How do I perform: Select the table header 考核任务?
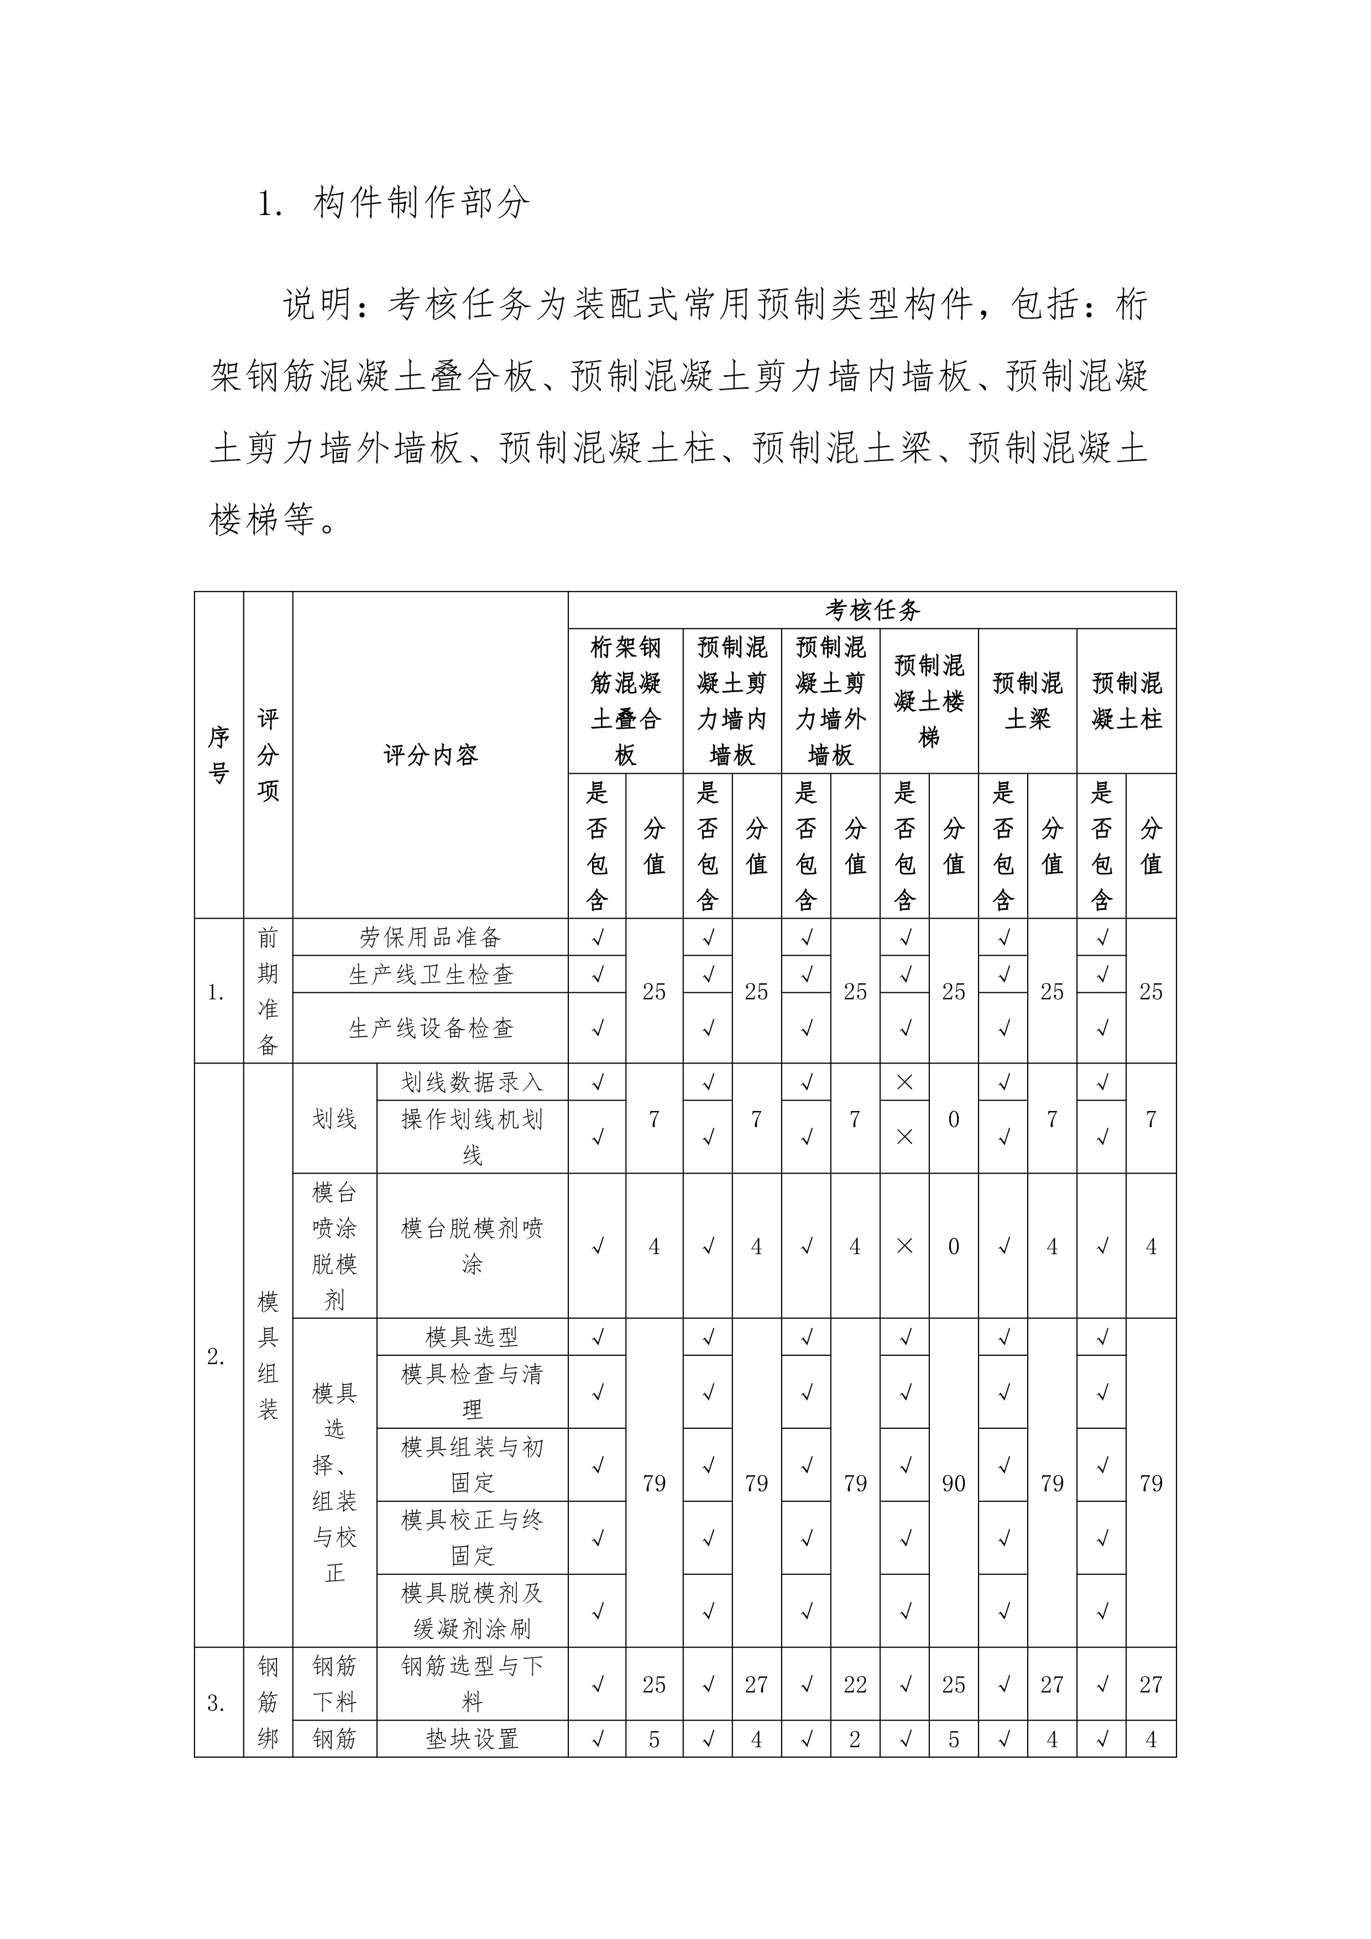point(872,610)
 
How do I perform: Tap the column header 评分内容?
point(430,754)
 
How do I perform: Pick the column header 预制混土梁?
point(1027,701)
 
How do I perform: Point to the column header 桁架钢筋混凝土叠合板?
point(625,701)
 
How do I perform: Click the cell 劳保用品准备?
point(430,937)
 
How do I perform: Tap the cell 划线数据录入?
point(472,1082)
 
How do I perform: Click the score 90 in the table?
point(953,1483)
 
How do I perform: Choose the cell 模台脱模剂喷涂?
point(472,1246)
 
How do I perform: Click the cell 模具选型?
point(472,1337)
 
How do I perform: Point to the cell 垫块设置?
point(472,1739)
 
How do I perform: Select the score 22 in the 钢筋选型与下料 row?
point(855,1684)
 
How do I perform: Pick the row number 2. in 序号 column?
point(216,1356)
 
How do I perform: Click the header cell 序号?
point(219,754)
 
